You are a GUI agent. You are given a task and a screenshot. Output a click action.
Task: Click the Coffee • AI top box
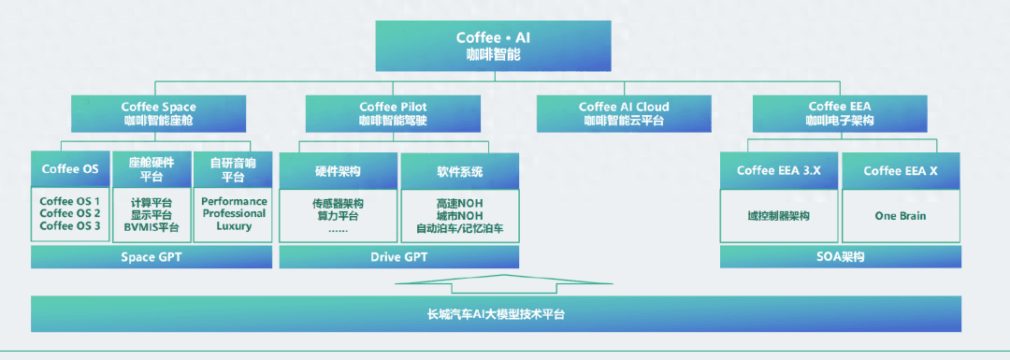[494, 46]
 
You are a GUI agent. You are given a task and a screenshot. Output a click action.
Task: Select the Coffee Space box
[158, 113]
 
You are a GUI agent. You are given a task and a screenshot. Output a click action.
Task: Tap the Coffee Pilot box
[393, 113]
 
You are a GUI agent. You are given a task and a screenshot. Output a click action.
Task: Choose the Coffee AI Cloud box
[624, 113]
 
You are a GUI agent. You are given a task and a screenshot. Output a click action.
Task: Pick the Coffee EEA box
[840, 113]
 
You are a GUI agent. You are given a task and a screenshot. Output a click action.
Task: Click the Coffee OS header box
[70, 169]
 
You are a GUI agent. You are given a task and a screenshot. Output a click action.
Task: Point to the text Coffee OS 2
[70, 213]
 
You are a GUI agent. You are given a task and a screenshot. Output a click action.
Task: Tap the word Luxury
[234, 226]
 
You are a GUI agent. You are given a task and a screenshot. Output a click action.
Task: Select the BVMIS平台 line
[152, 227]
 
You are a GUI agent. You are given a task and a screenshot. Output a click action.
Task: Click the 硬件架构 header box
[339, 171]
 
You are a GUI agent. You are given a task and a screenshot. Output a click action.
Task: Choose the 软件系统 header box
[460, 171]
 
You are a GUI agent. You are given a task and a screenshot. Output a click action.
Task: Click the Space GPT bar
[151, 257]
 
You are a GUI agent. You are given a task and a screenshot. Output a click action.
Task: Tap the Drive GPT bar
[398, 257]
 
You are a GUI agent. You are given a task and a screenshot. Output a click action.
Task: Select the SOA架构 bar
[840, 257]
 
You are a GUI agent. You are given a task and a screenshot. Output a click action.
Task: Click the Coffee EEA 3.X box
[779, 171]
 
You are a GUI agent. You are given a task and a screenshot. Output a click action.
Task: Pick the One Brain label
[901, 216]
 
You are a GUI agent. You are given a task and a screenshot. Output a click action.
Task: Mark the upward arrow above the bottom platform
[504, 284]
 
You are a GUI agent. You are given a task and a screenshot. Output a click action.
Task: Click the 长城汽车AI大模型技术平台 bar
[496, 315]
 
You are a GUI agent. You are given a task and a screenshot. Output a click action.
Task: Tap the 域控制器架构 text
[779, 216]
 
